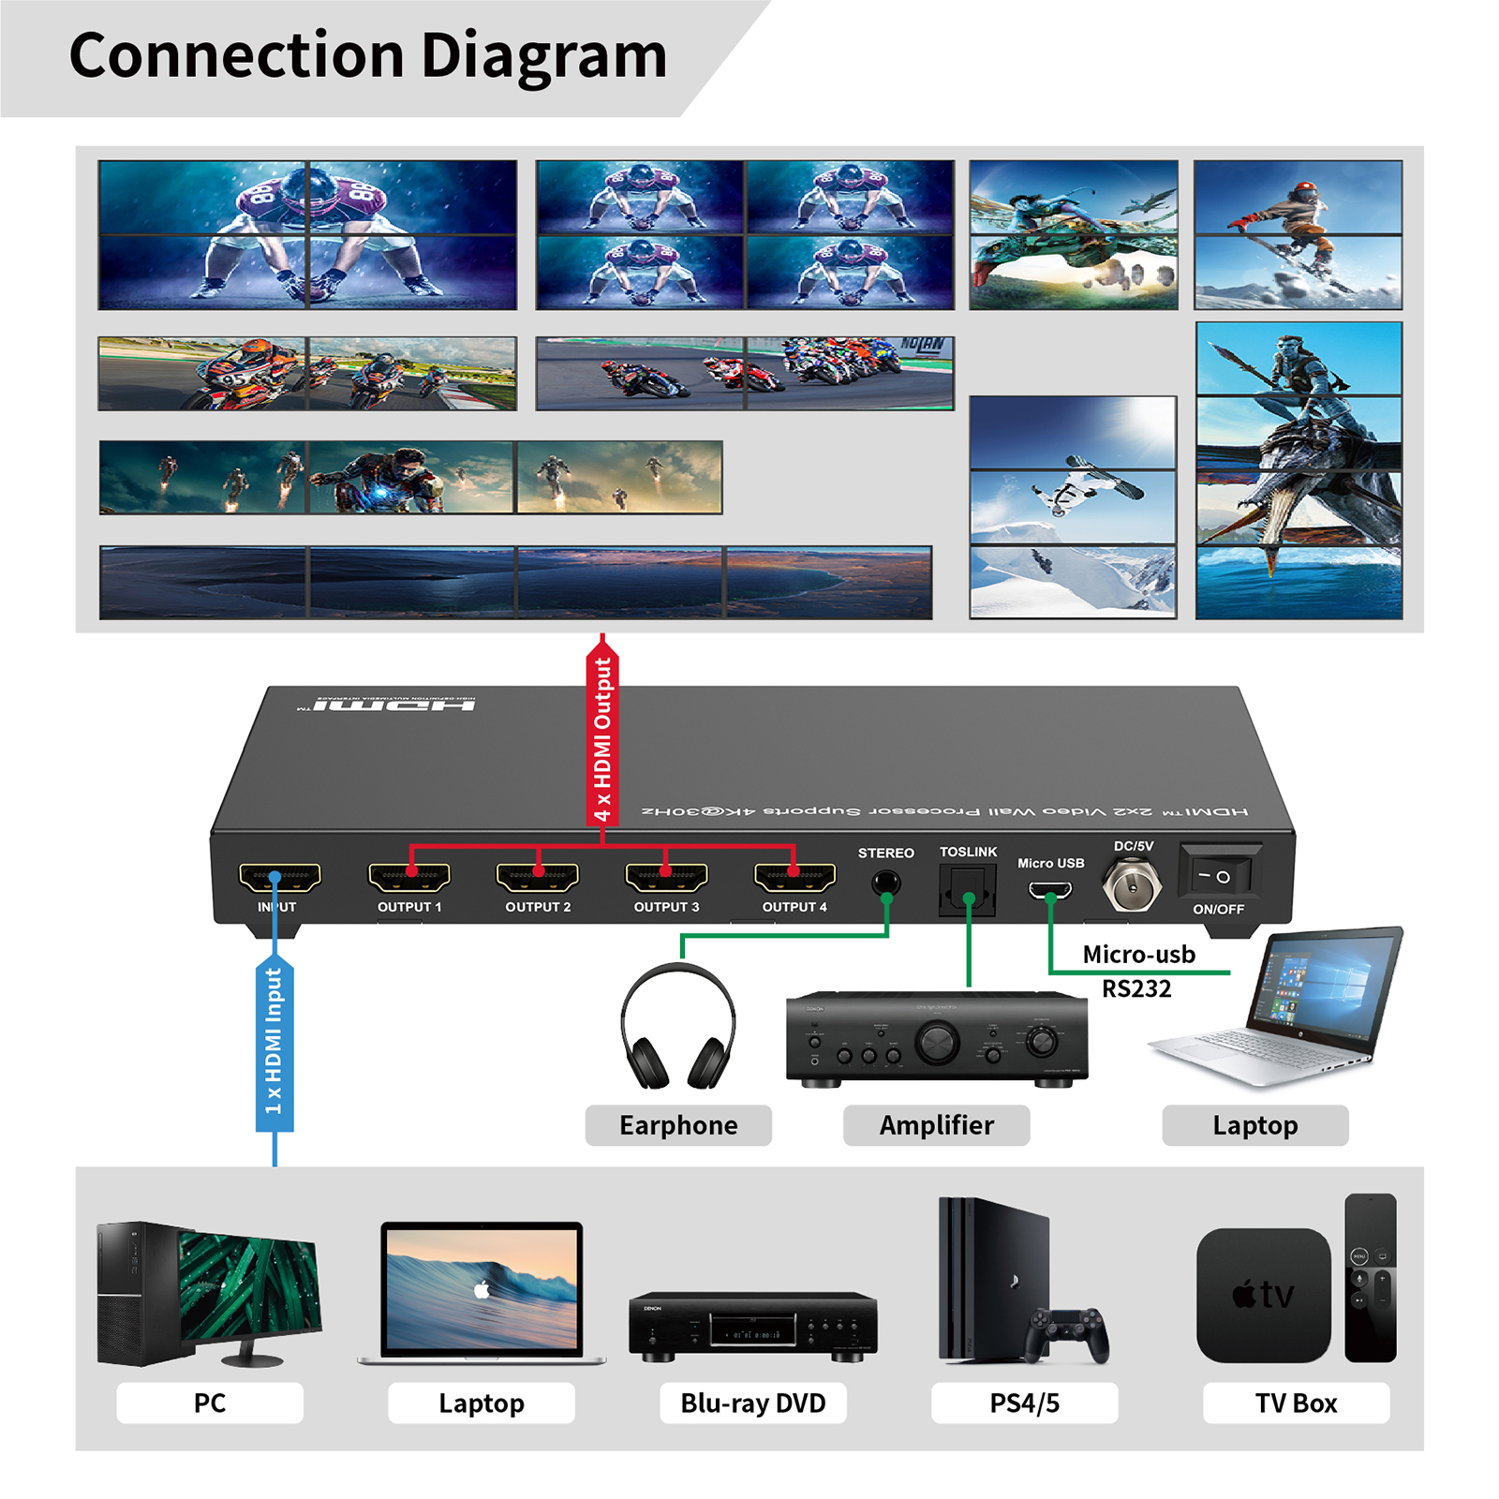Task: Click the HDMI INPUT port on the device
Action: (279, 878)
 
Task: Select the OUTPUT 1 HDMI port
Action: (408, 877)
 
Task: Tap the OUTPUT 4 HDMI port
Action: (794, 877)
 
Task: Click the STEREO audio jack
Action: (885, 883)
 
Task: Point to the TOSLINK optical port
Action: (968, 888)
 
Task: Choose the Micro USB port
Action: (1050, 889)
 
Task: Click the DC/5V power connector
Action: (1132, 883)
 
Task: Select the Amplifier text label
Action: (936, 1125)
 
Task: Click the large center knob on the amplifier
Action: (937, 1041)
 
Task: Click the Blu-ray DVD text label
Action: (753, 1403)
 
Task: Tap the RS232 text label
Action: (1136, 989)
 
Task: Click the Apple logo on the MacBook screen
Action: (482, 1290)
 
